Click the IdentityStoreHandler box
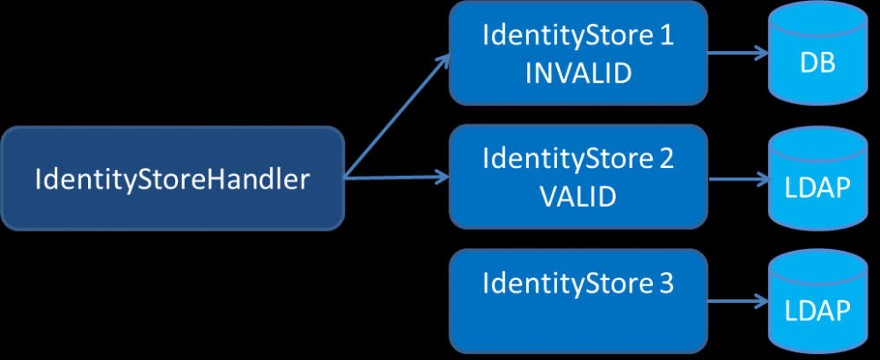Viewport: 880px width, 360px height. pos(172,180)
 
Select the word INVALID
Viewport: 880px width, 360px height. pos(578,73)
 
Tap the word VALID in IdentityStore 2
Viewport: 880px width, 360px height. pos(578,196)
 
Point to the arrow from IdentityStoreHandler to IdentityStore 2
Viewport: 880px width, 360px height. pos(396,179)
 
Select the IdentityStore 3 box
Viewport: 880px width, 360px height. pos(578,300)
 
